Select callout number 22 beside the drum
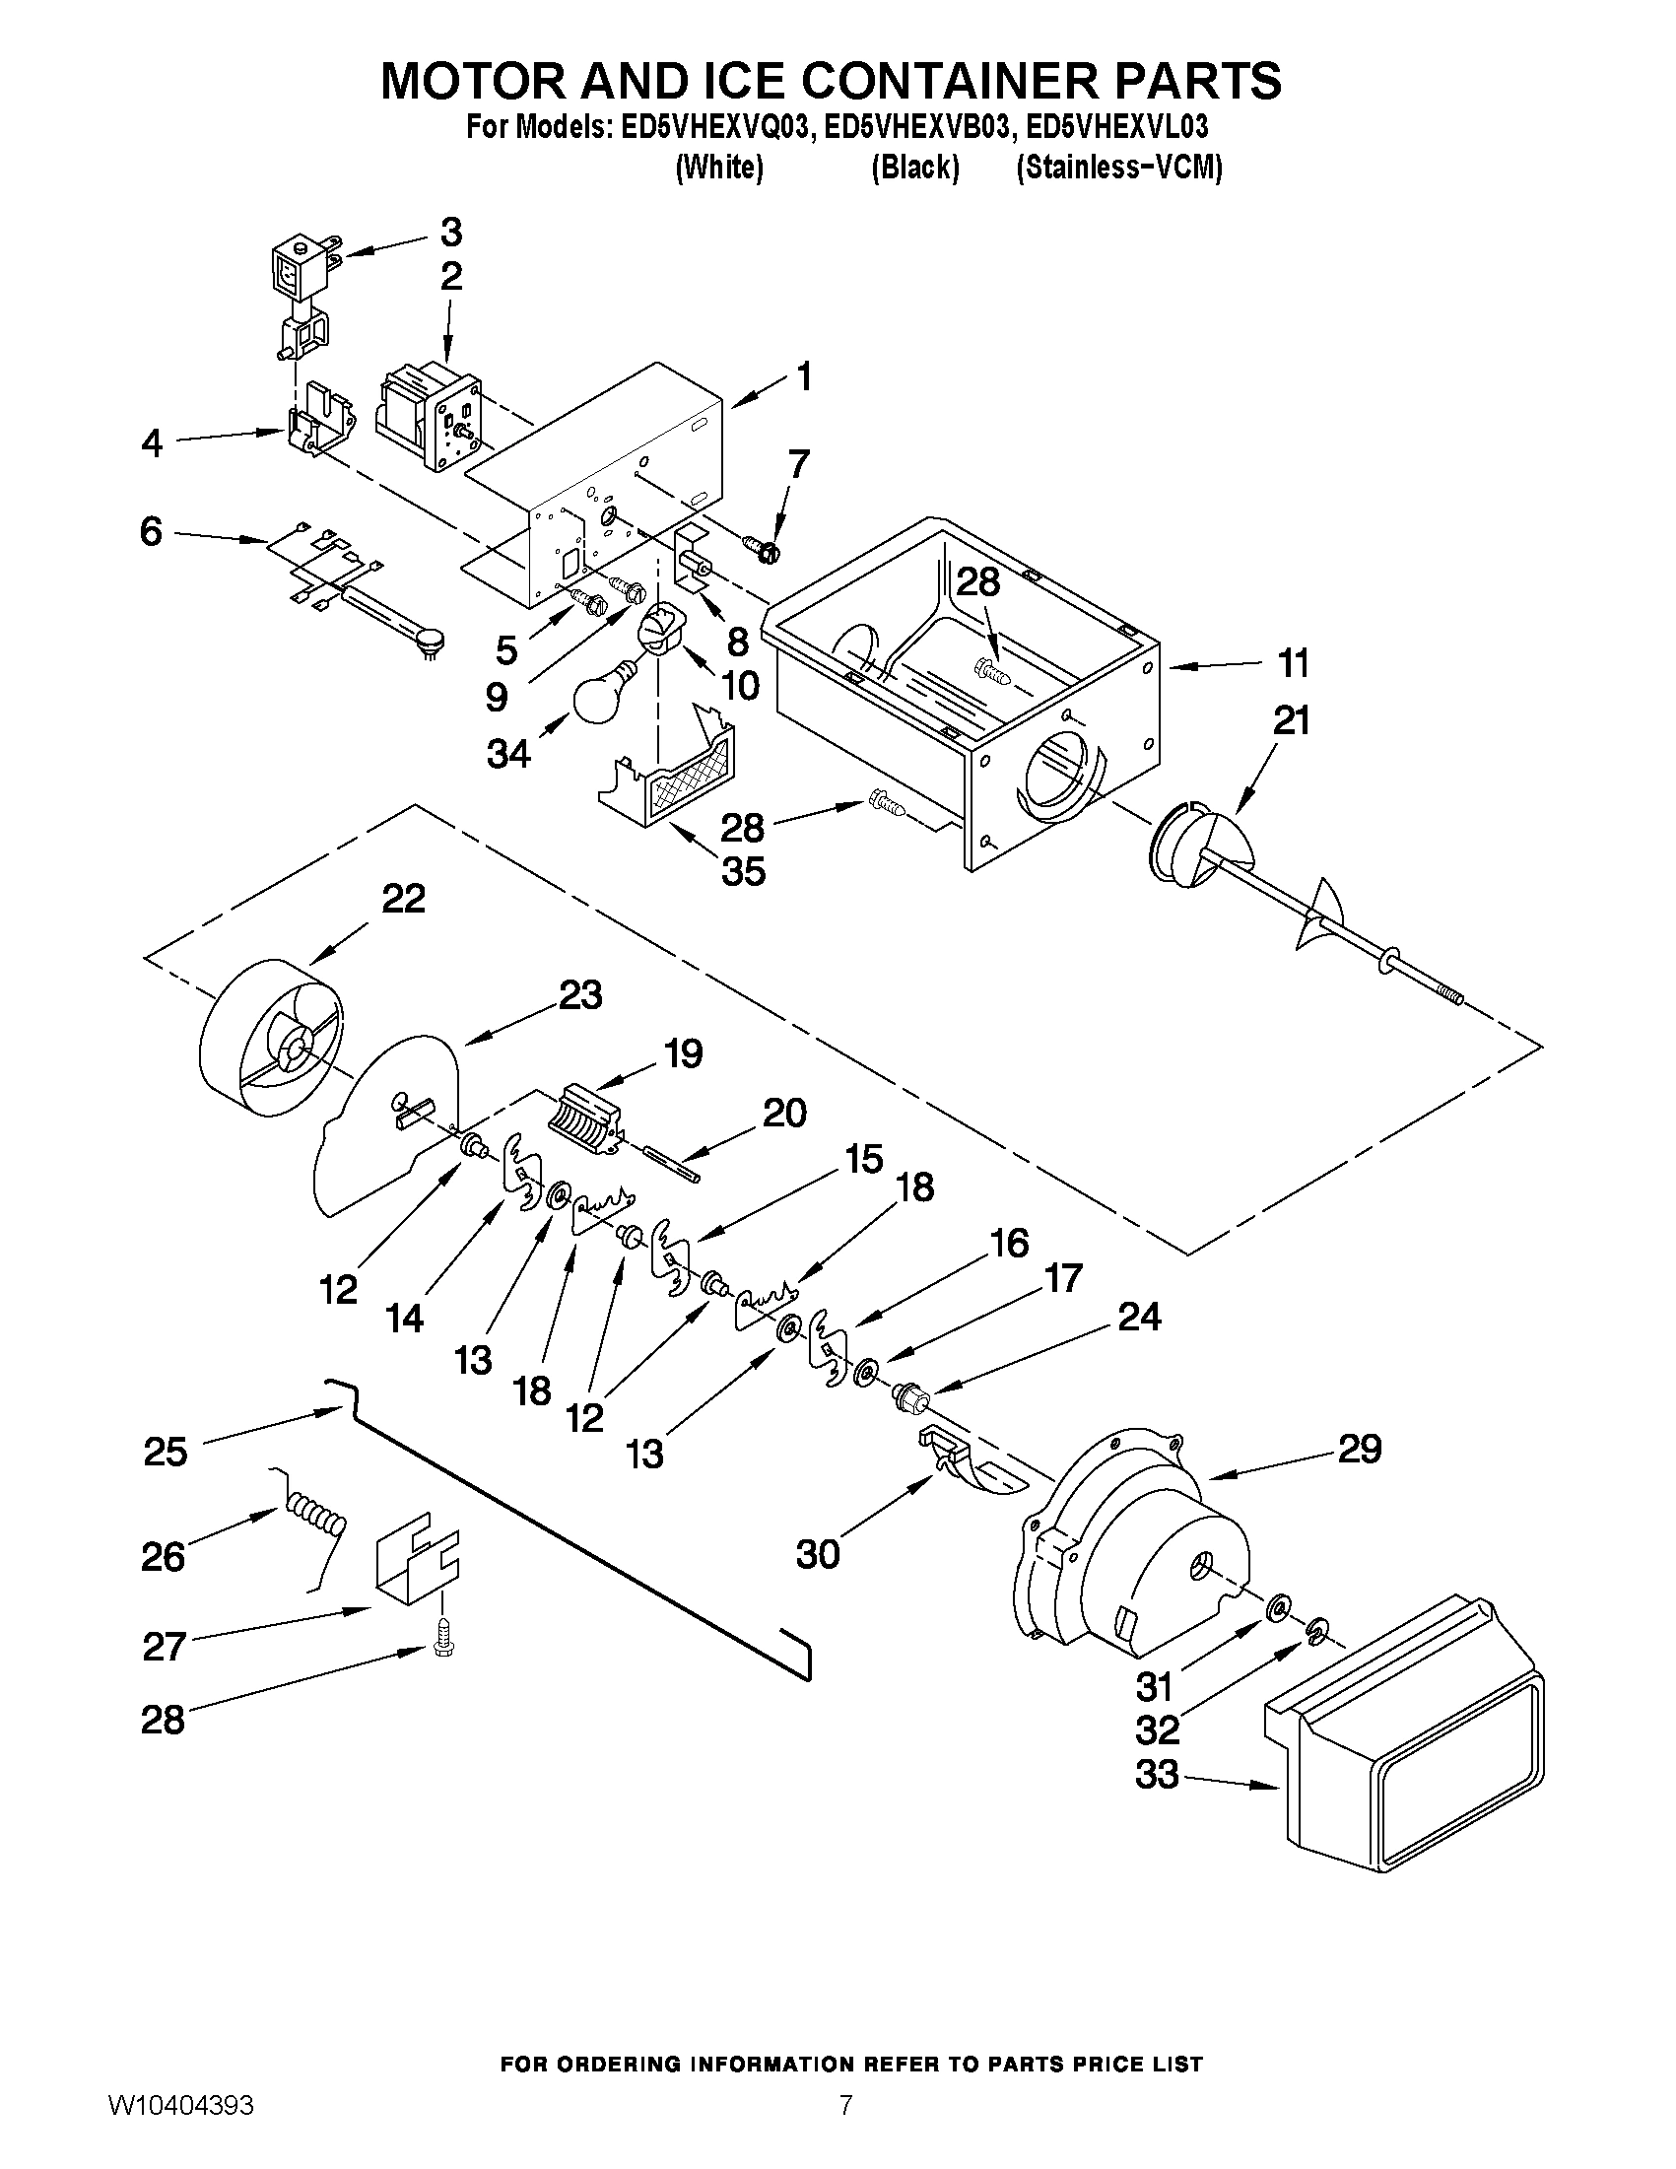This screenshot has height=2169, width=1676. [404, 899]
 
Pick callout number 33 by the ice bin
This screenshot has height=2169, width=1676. [1158, 1774]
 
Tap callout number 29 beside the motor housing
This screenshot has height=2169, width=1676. [1360, 1449]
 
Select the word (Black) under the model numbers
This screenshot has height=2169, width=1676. [914, 168]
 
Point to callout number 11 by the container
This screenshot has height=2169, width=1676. [1292, 663]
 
